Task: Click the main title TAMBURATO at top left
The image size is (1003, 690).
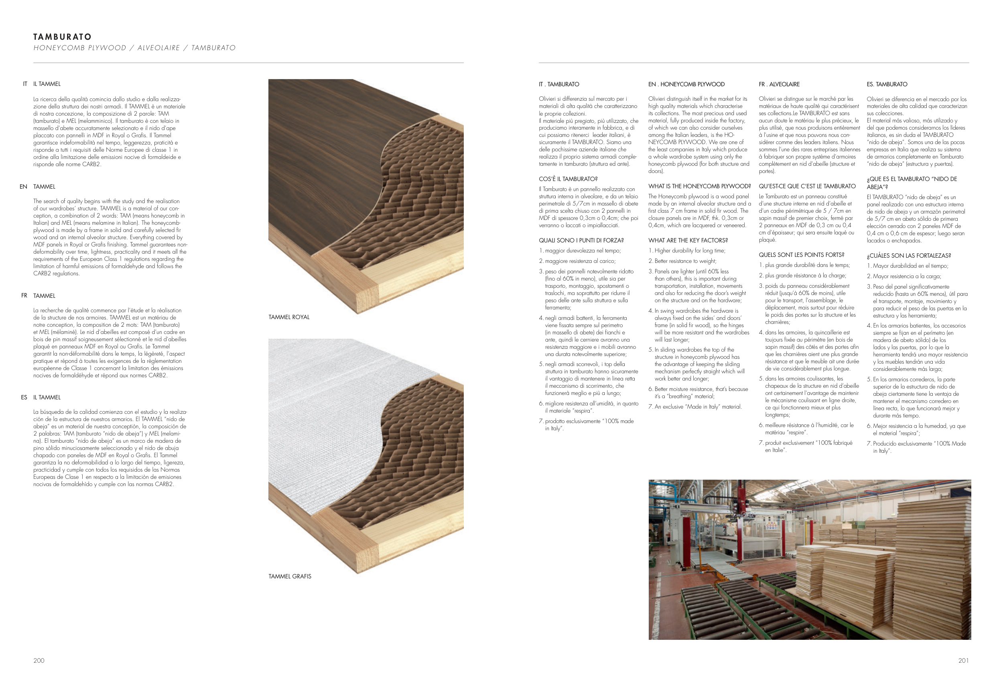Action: pos(62,37)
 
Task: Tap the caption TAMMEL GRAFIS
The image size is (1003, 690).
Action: pos(290,576)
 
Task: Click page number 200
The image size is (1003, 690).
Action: pos(39,660)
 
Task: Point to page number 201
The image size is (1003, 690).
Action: pos(963,660)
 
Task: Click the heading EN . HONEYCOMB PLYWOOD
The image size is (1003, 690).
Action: pos(686,84)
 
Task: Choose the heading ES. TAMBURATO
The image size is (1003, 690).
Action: pos(887,84)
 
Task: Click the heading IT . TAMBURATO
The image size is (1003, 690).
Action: pos(559,84)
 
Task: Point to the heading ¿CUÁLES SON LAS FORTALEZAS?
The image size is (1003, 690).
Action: pos(909,256)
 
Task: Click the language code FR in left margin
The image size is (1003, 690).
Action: pos(24,296)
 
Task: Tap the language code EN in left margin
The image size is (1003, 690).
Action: pos(23,187)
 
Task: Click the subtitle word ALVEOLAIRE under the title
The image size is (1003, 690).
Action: pos(158,48)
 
